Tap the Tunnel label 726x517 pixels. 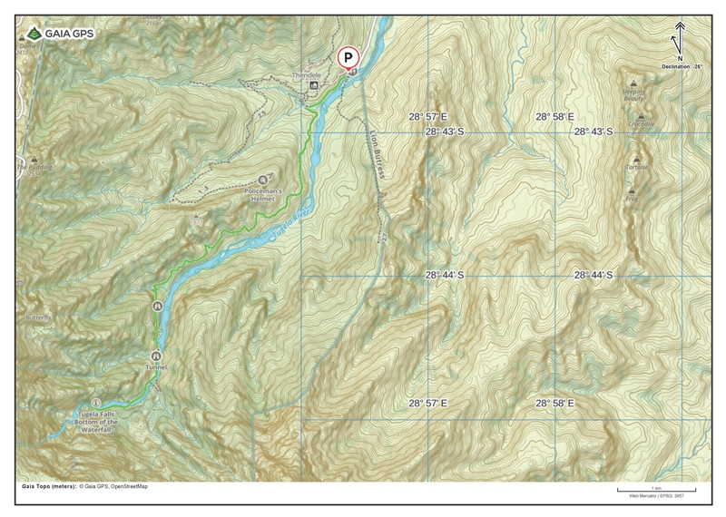coord(156,367)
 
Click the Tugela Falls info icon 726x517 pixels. coord(96,402)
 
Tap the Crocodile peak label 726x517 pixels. coord(641,124)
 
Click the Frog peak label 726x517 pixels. coord(631,199)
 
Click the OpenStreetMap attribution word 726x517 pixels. coord(129,486)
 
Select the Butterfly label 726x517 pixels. coord(39,318)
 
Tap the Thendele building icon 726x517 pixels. coord(314,86)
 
